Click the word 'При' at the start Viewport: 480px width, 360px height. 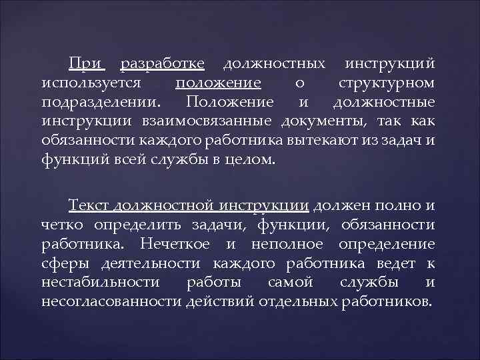(86, 64)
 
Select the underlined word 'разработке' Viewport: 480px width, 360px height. (162, 65)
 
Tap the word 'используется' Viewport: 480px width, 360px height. (90, 83)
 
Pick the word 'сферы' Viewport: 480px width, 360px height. (61, 263)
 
